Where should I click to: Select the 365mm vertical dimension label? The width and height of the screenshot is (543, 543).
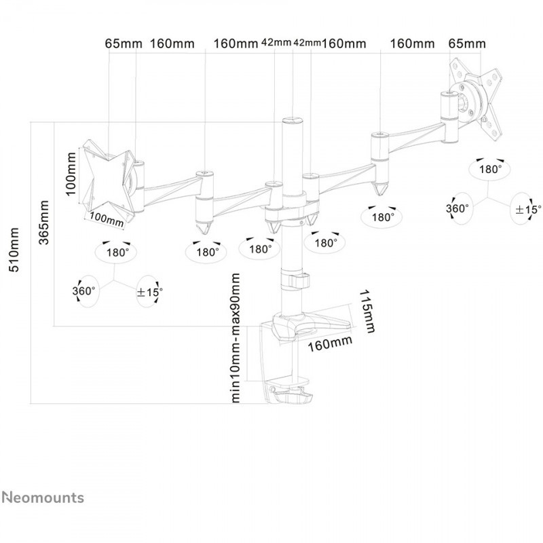coord(43,225)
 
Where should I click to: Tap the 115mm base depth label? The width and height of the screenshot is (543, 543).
coord(367,313)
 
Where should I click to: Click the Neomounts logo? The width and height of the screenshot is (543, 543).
coord(42,498)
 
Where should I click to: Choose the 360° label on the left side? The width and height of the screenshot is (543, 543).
coord(84,291)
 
